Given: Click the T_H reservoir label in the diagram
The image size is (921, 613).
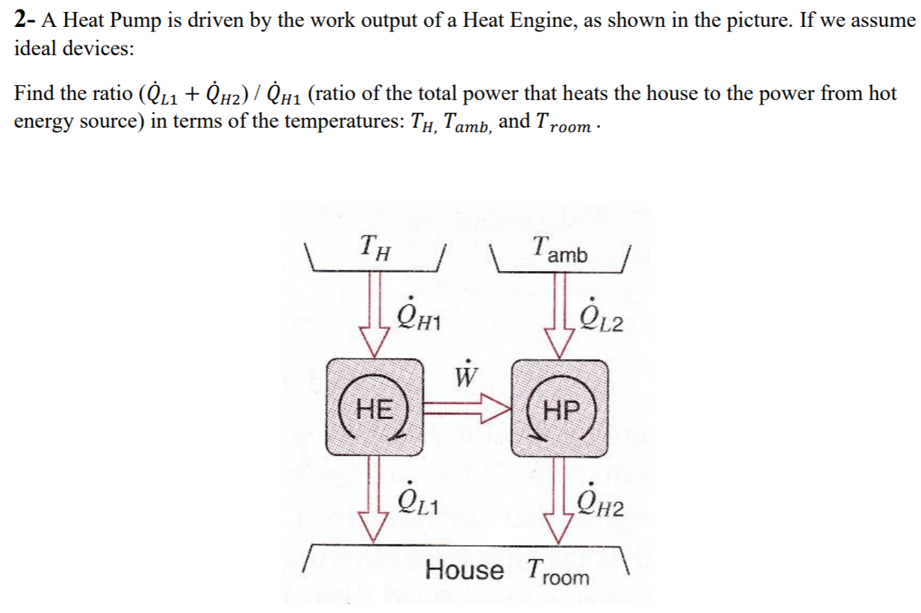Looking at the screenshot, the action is click(375, 246).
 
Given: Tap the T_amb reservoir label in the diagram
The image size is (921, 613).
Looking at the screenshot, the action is click(560, 249).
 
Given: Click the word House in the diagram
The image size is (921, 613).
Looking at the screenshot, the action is click(464, 570).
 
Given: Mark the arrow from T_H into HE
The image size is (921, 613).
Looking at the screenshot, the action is click(375, 314).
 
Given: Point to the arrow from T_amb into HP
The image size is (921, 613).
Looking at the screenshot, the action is click(561, 314).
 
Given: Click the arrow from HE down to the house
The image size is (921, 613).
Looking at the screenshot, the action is click(375, 497).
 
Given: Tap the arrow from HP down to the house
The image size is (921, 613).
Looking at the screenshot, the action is click(561, 497).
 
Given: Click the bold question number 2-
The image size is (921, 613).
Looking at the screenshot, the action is click(25, 20).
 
